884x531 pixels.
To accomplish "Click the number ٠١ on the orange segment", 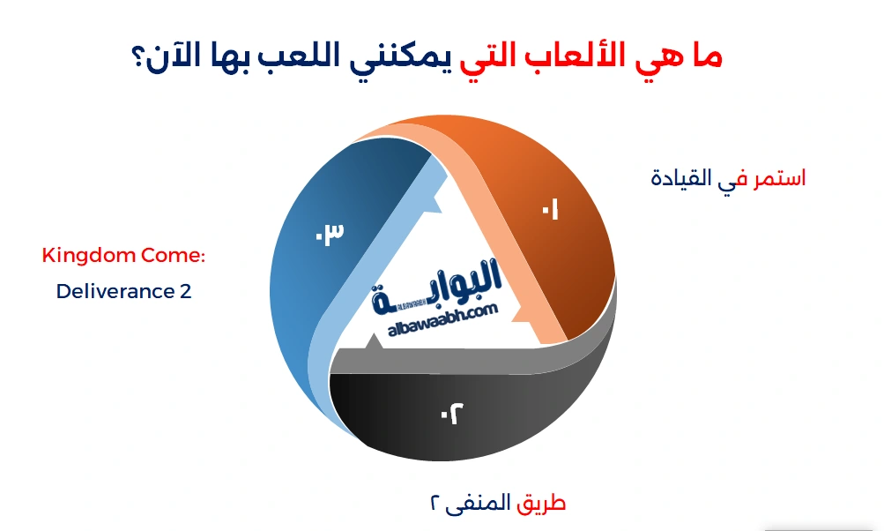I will click(551, 212).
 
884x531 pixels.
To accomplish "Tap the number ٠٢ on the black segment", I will click(451, 412).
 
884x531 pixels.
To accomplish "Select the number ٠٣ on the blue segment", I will click(329, 235).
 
